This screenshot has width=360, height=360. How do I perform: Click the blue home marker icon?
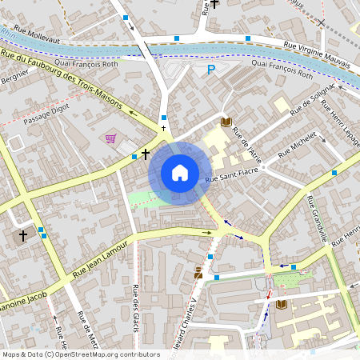tap(180, 172)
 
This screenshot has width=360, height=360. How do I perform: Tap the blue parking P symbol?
tap(212, 70)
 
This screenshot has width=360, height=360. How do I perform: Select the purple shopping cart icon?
tap(110, 139)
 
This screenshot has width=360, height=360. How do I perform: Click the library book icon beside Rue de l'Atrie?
tap(226, 122)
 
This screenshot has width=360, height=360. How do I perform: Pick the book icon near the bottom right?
tap(281, 304)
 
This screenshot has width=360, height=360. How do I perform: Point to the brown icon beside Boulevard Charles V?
tap(198, 274)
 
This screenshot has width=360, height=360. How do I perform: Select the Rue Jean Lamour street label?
tap(100, 262)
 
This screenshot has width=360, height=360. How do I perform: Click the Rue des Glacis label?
tap(135, 304)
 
